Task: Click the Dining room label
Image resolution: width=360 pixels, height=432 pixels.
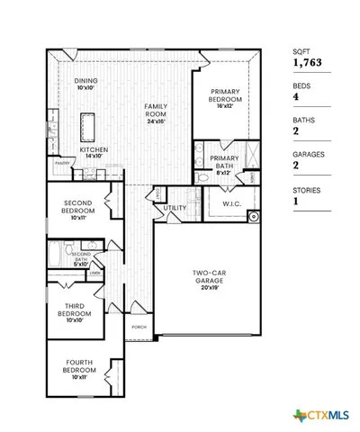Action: (85, 85)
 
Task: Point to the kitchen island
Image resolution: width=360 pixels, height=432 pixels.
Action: (89, 121)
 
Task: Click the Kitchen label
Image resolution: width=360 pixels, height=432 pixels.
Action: (94, 152)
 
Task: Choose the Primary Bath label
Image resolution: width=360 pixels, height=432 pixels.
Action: (224, 163)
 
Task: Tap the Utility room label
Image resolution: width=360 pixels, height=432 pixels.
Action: (175, 208)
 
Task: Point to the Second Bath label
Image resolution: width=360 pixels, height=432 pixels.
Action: (81, 261)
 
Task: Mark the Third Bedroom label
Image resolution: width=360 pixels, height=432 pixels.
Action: (76, 311)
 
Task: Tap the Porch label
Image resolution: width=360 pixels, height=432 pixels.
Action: (139, 327)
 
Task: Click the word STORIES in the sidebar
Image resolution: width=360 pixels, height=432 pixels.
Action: (307, 189)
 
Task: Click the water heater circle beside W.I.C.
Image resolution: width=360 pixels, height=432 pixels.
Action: (254, 216)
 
